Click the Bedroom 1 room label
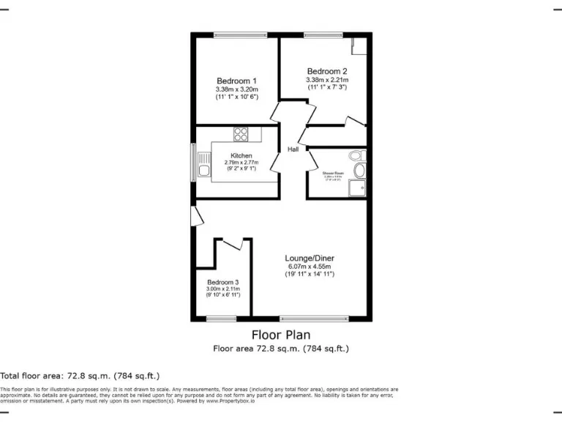pos(236,81)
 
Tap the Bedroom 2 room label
pos(327,70)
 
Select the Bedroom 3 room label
pos(222,282)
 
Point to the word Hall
pos(293,149)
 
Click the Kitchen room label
pos(241,155)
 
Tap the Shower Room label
pos(334,174)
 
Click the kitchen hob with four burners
pos(241,134)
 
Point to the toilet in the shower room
pos(356,155)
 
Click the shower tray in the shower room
pos(357,188)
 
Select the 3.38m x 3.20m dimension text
pos(236,89)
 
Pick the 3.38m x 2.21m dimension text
pos(327,79)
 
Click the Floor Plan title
pos(280,335)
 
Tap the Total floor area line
pos(80,375)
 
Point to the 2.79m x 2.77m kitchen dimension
pos(241,162)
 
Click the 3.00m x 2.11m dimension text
pos(222,289)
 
